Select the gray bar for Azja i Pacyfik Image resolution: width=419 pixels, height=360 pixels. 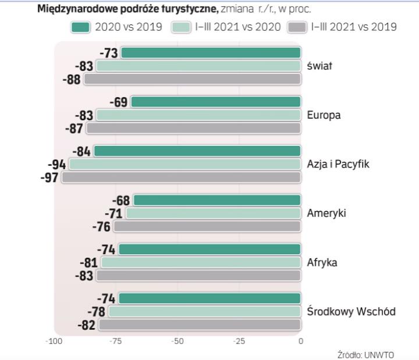181,177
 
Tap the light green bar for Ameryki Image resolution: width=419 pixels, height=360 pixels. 213,213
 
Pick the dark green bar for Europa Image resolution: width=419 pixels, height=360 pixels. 216,102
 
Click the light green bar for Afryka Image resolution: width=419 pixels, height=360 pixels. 201,262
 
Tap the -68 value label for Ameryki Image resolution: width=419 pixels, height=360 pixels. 122,201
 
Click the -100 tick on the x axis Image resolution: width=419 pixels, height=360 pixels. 54,341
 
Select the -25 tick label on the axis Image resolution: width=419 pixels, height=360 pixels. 239,341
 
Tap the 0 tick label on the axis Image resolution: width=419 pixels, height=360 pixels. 300,341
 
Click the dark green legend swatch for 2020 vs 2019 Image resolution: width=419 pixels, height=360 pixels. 81,27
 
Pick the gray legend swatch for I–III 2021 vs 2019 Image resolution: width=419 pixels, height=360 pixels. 297,27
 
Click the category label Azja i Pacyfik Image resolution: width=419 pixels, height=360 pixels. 338,164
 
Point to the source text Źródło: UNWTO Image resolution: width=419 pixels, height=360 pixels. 361,354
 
